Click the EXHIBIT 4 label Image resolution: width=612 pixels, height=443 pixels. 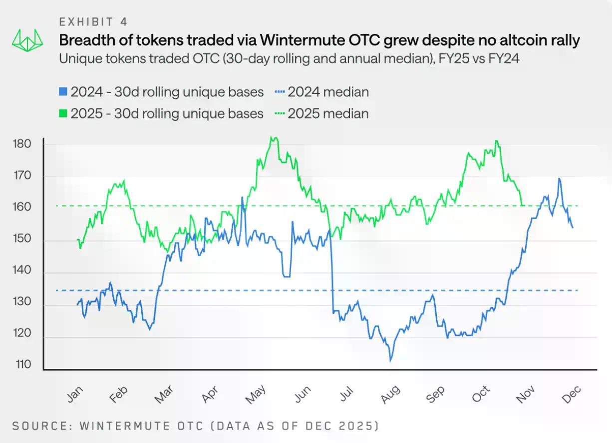93,21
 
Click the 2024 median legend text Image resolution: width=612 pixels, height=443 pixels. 328,92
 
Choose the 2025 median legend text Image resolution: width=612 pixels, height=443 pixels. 328,114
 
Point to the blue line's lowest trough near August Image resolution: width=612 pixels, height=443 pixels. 390,359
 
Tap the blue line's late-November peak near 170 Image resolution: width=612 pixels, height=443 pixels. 559,178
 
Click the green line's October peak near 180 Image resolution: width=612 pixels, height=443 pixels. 496,141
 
